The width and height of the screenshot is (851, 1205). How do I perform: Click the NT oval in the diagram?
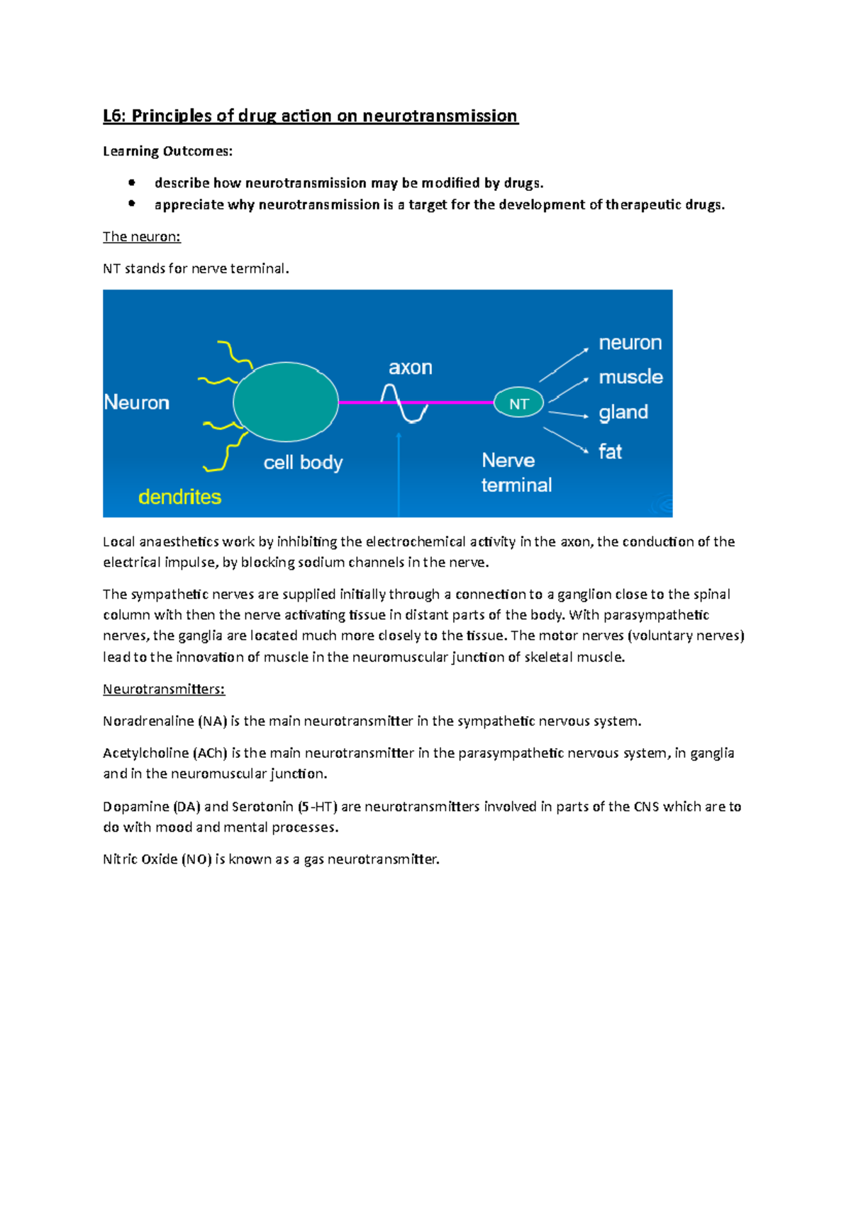click(x=518, y=403)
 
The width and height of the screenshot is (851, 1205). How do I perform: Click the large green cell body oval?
click(x=286, y=402)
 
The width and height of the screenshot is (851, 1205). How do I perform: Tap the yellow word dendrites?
click(x=179, y=497)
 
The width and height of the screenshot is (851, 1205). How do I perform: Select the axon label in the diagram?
click(x=410, y=368)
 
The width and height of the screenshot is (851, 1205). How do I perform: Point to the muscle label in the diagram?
click(x=630, y=377)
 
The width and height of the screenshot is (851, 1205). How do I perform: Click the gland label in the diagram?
click(x=623, y=412)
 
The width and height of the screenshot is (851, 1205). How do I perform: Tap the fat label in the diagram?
click(x=610, y=452)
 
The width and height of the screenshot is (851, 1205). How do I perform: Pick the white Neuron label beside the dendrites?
click(x=137, y=402)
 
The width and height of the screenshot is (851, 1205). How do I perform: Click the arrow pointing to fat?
click(x=566, y=439)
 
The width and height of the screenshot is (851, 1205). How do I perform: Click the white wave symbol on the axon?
click(x=404, y=403)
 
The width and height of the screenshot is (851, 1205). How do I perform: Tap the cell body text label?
click(x=303, y=463)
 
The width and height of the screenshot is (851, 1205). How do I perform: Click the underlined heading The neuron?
click(x=142, y=237)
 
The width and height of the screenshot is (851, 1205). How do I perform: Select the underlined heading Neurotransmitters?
click(x=164, y=689)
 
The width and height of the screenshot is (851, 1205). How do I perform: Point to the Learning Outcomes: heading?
click(x=167, y=151)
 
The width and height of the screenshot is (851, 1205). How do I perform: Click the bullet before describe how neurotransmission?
click(x=132, y=182)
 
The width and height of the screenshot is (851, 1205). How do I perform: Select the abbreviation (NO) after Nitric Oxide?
click(x=196, y=859)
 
